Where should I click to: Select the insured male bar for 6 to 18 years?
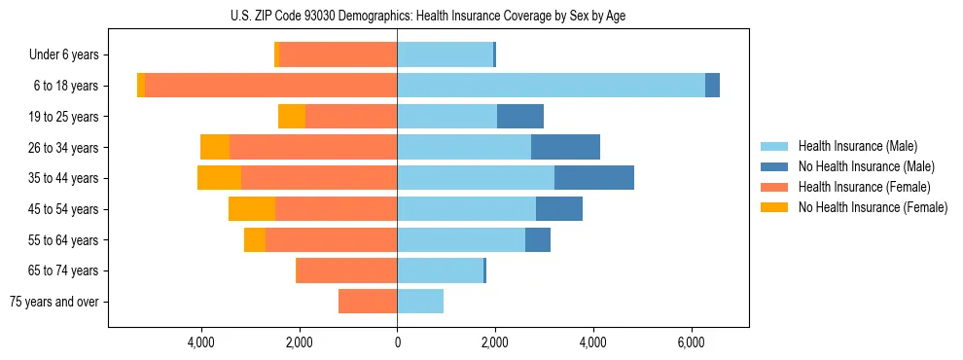click(x=551, y=86)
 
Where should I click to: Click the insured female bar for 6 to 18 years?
click(x=270, y=86)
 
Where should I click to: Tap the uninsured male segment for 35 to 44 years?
click(x=593, y=178)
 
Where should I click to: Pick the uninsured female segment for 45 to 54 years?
click(x=252, y=209)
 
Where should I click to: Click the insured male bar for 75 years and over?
click(x=420, y=302)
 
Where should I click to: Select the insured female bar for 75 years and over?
click(x=368, y=302)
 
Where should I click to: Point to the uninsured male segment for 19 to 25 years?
click(x=519, y=117)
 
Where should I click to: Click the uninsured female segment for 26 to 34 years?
click(x=215, y=147)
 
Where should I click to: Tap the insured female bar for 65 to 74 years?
click(x=346, y=270)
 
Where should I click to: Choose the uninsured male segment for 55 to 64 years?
click(x=538, y=239)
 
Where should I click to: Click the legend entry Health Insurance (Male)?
click(x=857, y=146)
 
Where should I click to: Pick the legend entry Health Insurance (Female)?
click(x=864, y=187)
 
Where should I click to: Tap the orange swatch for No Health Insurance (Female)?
click(x=775, y=207)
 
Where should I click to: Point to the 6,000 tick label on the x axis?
click(x=691, y=342)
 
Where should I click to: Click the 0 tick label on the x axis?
click(x=397, y=342)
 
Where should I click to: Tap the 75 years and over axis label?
click(x=54, y=302)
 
